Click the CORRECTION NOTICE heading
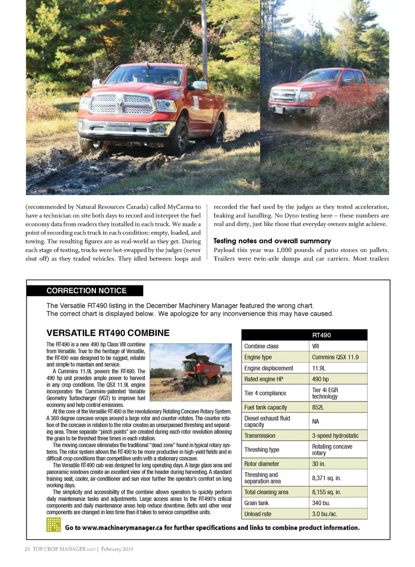pos(86,291)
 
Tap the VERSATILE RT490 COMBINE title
pos(108,333)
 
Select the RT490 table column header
pos(322,335)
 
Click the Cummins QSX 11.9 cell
pos(335,357)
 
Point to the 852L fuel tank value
pos(318,407)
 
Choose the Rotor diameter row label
pos(262,464)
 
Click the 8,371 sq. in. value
pos(326,478)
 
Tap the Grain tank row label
pos(256,503)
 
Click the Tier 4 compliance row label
pos(265,393)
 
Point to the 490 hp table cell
pos(320,379)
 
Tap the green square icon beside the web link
pos(54,525)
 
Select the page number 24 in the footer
pos(27,549)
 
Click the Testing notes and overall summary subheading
pos(272,241)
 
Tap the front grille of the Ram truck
pos(122,104)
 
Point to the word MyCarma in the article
pos(181,207)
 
